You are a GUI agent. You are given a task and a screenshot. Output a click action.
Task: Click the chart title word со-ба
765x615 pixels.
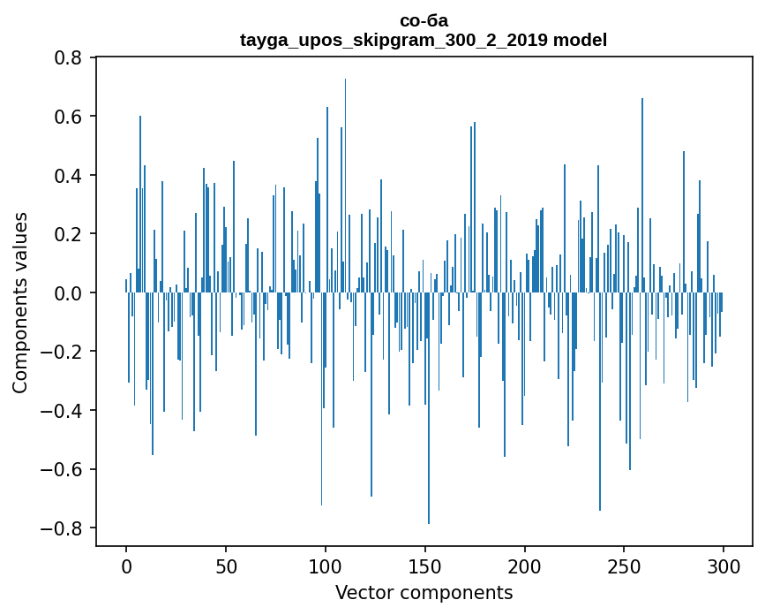coord(424,20)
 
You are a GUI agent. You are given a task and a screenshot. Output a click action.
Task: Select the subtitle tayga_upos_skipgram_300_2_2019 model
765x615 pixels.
coord(424,40)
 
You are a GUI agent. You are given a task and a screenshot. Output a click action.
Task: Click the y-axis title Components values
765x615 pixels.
coord(20,302)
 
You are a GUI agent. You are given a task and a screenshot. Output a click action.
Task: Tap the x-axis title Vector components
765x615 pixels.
coord(424,592)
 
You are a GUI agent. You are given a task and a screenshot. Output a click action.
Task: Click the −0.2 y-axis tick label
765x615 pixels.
coord(64,352)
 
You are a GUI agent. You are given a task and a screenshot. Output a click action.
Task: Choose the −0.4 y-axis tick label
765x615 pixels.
coord(64,410)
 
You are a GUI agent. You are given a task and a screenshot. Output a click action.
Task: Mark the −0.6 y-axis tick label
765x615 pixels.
coord(64,469)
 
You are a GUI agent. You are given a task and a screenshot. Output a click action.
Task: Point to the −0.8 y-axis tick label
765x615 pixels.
coord(64,528)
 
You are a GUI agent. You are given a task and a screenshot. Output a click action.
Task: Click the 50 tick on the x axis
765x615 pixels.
coord(226,566)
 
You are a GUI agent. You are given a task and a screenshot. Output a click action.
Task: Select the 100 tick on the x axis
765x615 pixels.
coord(326,566)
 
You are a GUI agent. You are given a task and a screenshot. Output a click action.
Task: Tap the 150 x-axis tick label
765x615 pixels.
coord(425,566)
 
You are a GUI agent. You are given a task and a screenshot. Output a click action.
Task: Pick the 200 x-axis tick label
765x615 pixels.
coord(525,566)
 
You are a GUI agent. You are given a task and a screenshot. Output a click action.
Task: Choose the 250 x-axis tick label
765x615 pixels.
coord(625,566)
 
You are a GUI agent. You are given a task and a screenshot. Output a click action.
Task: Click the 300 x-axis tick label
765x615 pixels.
coord(724,566)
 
